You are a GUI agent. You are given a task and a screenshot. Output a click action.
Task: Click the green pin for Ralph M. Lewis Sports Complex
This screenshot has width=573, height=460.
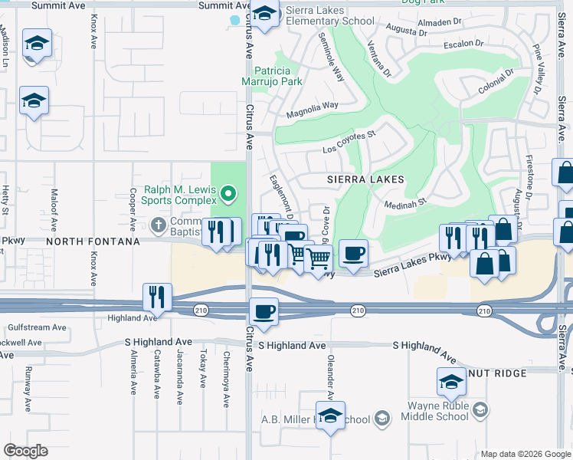tap(228, 193)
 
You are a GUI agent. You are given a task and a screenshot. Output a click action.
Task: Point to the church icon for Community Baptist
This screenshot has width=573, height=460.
tap(159, 225)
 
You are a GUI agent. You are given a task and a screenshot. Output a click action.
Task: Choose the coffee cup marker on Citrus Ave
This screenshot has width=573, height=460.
tap(264, 312)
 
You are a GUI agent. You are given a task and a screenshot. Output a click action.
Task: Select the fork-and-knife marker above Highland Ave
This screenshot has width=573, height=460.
tap(157, 296)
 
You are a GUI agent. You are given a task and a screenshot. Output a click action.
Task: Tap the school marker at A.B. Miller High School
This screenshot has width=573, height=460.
tap(330, 416)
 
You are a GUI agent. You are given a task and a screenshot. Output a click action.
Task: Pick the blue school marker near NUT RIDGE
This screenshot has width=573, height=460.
tap(452, 381)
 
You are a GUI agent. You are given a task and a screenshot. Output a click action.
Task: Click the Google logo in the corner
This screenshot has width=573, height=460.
tap(25, 451)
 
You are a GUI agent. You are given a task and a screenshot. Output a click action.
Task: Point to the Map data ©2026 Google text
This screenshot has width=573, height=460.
tap(526, 454)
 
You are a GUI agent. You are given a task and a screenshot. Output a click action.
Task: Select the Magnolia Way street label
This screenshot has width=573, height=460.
tap(313, 110)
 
